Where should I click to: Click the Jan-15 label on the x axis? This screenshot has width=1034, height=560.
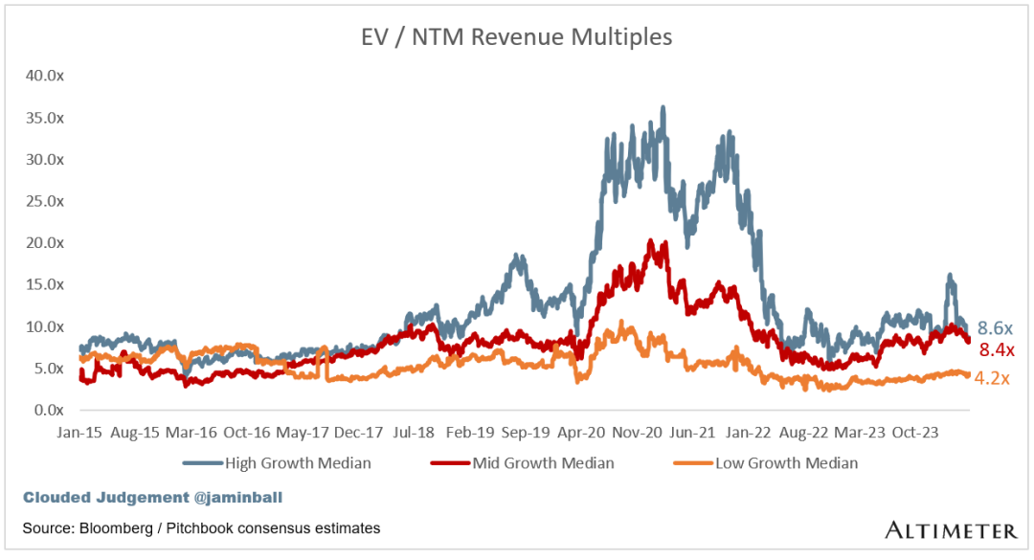click(76, 432)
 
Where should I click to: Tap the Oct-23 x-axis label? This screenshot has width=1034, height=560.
click(915, 432)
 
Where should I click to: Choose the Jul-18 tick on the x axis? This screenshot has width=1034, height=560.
click(416, 432)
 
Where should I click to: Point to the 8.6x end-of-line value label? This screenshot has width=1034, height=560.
click(995, 327)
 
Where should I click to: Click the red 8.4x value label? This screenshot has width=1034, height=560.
click(997, 349)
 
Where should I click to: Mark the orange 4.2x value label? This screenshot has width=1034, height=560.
click(992, 378)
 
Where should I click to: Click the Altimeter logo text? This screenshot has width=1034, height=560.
click(950, 530)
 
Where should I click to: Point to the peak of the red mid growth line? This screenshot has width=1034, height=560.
click(652, 241)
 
